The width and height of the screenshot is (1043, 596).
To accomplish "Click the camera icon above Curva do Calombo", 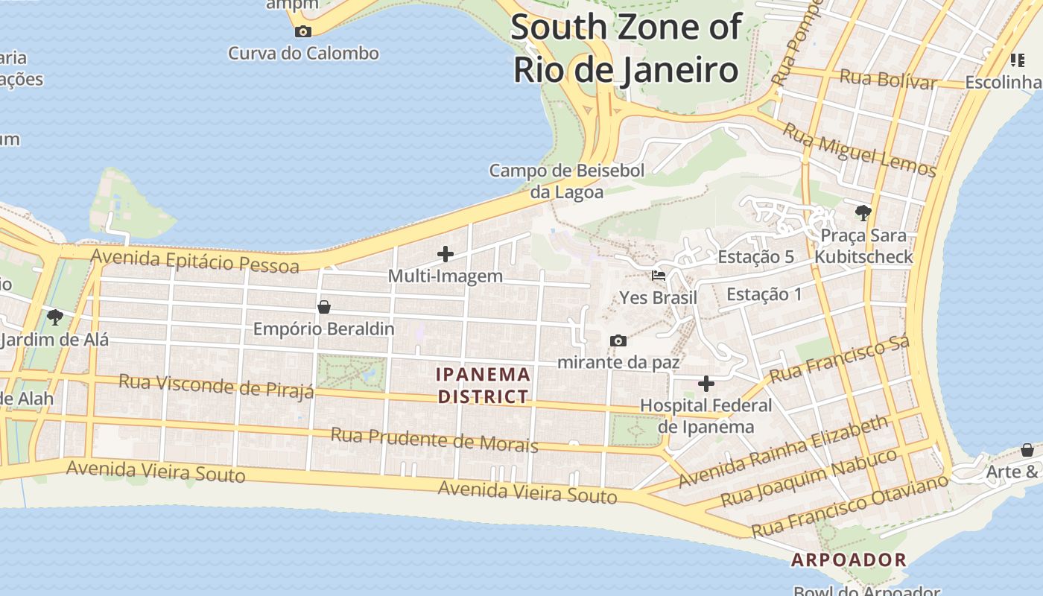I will pyautogui.click(x=303, y=31).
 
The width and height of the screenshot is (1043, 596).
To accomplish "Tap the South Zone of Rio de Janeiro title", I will pyautogui.click(x=626, y=49).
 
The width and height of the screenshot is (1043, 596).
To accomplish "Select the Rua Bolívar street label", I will pyautogui.click(x=887, y=78).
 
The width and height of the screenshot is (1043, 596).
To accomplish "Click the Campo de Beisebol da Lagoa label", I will pyautogui.click(x=566, y=181).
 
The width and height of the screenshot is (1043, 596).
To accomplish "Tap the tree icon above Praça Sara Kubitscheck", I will pyautogui.click(x=863, y=214).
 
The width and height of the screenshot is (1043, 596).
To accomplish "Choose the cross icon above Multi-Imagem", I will pyautogui.click(x=446, y=254).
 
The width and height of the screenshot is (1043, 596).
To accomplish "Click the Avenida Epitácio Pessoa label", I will pyautogui.click(x=194, y=261).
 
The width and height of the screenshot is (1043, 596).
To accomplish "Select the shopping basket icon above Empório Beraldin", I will pyautogui.click(x=324, y=307).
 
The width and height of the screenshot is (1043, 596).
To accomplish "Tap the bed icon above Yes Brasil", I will pyautogui.click(x=659, y=276).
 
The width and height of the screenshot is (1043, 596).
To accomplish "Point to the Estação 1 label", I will pyautogui.click(x=764, y=294).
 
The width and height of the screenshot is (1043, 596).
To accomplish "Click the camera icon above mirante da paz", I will pyautogui.click(x=618, y=341).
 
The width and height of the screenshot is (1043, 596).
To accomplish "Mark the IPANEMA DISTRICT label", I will pyautogui.click(x=484, y=385).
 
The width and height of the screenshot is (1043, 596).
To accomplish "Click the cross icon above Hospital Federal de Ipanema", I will pyautogui.click(x=706, y=384).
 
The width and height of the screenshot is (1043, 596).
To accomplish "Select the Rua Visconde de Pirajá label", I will pyautogui.click(x=216, y=387).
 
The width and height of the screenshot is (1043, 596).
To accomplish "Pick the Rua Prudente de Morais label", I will pyautogui.click(x=434, y=440).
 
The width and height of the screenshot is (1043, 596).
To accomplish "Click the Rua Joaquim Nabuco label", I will pyautogui.click(x=809, y=477).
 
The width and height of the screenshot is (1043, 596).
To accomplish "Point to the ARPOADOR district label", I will pyautogui.click(x=849, y=559).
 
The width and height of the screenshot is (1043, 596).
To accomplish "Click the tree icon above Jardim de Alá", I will pyautogui.click(x=54, y=317).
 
